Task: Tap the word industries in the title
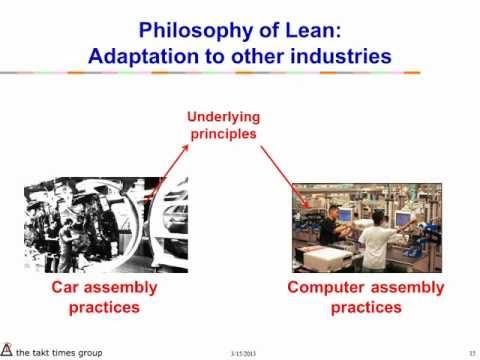pos(338,56)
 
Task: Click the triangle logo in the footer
pos(8,348)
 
